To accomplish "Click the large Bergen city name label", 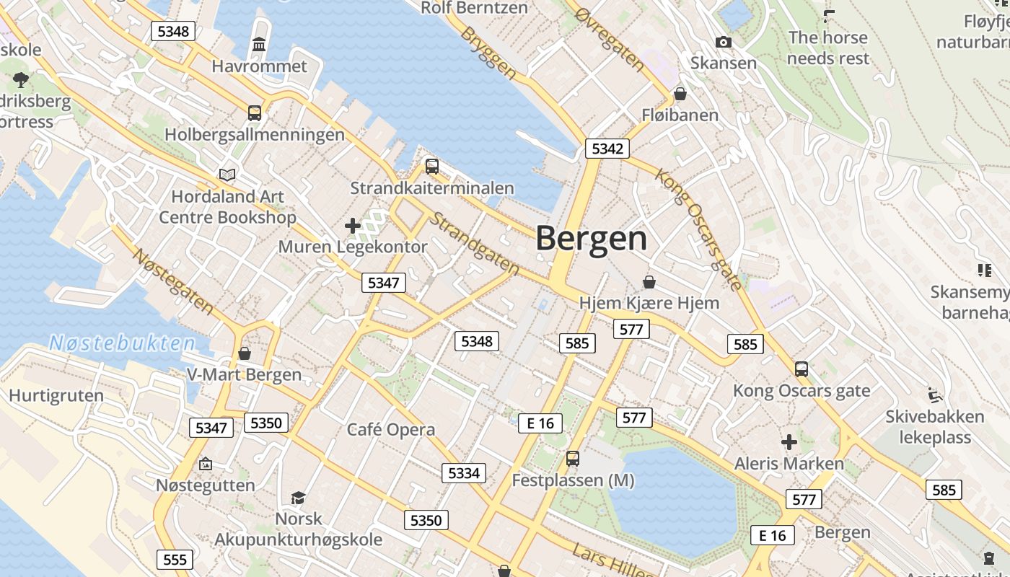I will (x=592, y=239).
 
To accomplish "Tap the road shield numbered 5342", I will (x=607, y=149).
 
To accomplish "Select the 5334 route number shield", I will (x=464, y=473).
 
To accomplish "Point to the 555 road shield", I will (x=175, y=560).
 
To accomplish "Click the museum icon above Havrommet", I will (x=259, y=45).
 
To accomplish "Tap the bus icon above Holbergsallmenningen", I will (x=255, y=113).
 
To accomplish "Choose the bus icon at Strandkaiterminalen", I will (x=432, y=167).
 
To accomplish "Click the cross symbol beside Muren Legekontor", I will (x=353, y=226).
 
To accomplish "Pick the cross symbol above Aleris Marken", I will (x=789, y=441).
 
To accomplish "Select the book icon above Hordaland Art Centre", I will (x=227, y=175).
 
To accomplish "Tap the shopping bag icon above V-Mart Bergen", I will (x=245, y=353).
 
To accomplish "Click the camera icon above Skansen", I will (x=724, y=43).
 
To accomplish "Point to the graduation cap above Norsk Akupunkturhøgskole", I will (x=298, y=498).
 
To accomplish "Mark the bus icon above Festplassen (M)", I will (x=573, y=458).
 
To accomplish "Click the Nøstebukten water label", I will (x=123, y=343).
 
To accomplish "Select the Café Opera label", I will (x=391, y=430).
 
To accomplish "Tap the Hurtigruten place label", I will (x=56, y=395).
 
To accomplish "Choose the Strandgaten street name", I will (x=474, y=243).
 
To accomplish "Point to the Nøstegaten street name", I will (x=173, y=282).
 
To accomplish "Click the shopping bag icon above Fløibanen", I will (x=680, y=94).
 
